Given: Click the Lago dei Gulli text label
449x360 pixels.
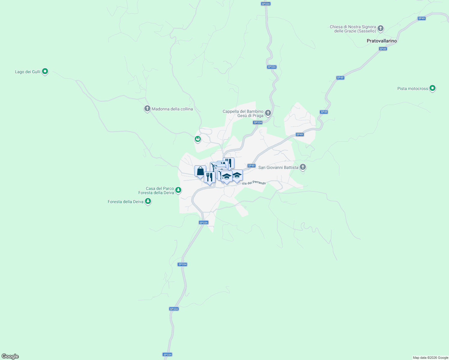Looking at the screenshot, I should (28, 72).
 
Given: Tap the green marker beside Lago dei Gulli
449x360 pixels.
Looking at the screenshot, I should (45, 71).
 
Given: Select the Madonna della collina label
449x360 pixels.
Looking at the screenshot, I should (172, 109).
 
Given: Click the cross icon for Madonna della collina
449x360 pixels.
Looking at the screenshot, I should (147, 109).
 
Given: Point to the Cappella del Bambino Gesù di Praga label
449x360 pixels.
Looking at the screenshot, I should (243, 114).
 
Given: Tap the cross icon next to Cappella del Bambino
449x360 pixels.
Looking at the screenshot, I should (268, 113).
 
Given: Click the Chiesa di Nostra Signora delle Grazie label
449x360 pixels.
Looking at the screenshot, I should (353, 29).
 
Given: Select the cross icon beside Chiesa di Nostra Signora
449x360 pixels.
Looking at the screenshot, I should (381, 28).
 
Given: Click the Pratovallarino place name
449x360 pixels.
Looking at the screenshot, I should (382, 41).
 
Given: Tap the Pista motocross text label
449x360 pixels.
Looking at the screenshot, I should (413, 89).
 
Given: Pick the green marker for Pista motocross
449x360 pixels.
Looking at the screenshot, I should (432, 88).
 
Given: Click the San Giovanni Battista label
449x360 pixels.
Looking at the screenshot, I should (278, 168).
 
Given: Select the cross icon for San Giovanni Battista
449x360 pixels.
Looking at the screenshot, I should (303, 167).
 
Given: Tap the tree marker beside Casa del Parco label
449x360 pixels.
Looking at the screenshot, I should (178, 190).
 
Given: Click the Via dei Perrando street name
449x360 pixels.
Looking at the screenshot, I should (254, 183).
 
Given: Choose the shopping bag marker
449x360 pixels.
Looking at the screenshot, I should (200, 171).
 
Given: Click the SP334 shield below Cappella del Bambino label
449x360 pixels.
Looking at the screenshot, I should (258, 122).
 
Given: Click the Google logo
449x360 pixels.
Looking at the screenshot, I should (10, 356).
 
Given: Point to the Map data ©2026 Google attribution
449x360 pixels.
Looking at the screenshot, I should (430, 358).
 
